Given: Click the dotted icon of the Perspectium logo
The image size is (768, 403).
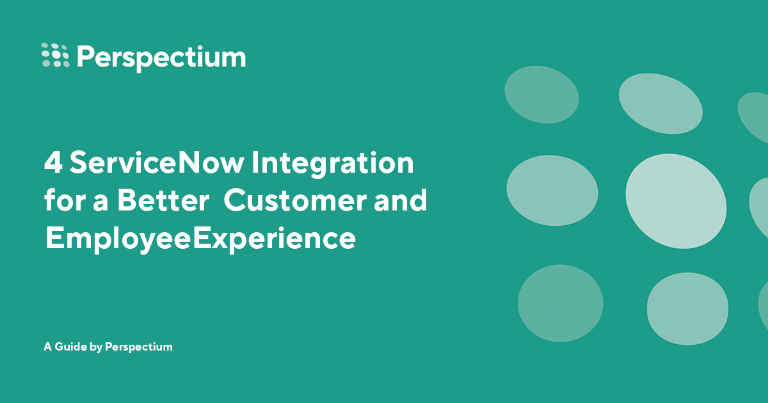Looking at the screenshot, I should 55,55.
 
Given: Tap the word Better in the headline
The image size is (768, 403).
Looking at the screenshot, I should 163,201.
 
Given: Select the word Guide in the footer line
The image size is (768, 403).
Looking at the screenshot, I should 71,347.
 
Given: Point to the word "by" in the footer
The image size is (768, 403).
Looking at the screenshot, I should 95,347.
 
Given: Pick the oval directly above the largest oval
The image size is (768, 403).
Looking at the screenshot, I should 660,104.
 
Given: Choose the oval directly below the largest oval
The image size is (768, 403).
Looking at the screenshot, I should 687,309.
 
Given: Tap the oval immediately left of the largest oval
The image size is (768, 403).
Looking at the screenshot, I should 552,190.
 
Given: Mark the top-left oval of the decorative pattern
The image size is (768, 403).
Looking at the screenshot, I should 541,95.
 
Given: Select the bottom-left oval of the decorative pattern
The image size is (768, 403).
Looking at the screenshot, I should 560,303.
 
